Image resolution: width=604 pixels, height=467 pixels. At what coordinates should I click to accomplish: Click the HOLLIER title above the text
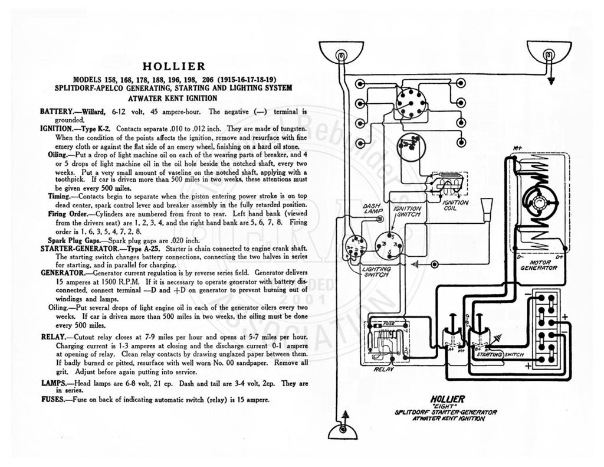tap(174, 66)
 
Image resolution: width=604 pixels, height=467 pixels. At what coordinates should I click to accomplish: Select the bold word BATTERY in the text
tap(56, 112)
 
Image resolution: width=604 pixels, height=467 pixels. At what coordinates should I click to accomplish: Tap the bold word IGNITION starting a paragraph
tap(56, 129)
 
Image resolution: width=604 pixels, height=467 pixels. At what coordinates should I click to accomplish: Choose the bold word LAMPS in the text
tap(54, 384)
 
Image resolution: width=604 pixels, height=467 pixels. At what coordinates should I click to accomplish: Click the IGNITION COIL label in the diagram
tap(455, 205)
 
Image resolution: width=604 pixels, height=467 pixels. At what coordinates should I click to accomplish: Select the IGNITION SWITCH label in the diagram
tap(407, 211)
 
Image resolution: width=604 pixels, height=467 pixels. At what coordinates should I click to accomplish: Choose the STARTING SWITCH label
tap(500, 354)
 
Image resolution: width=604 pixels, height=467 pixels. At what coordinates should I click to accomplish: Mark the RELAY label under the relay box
tap(383, 369)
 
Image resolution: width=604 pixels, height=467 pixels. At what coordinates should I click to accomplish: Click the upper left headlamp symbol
tap(341, 53)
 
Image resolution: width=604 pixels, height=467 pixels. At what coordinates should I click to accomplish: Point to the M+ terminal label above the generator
tap(517, 148)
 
